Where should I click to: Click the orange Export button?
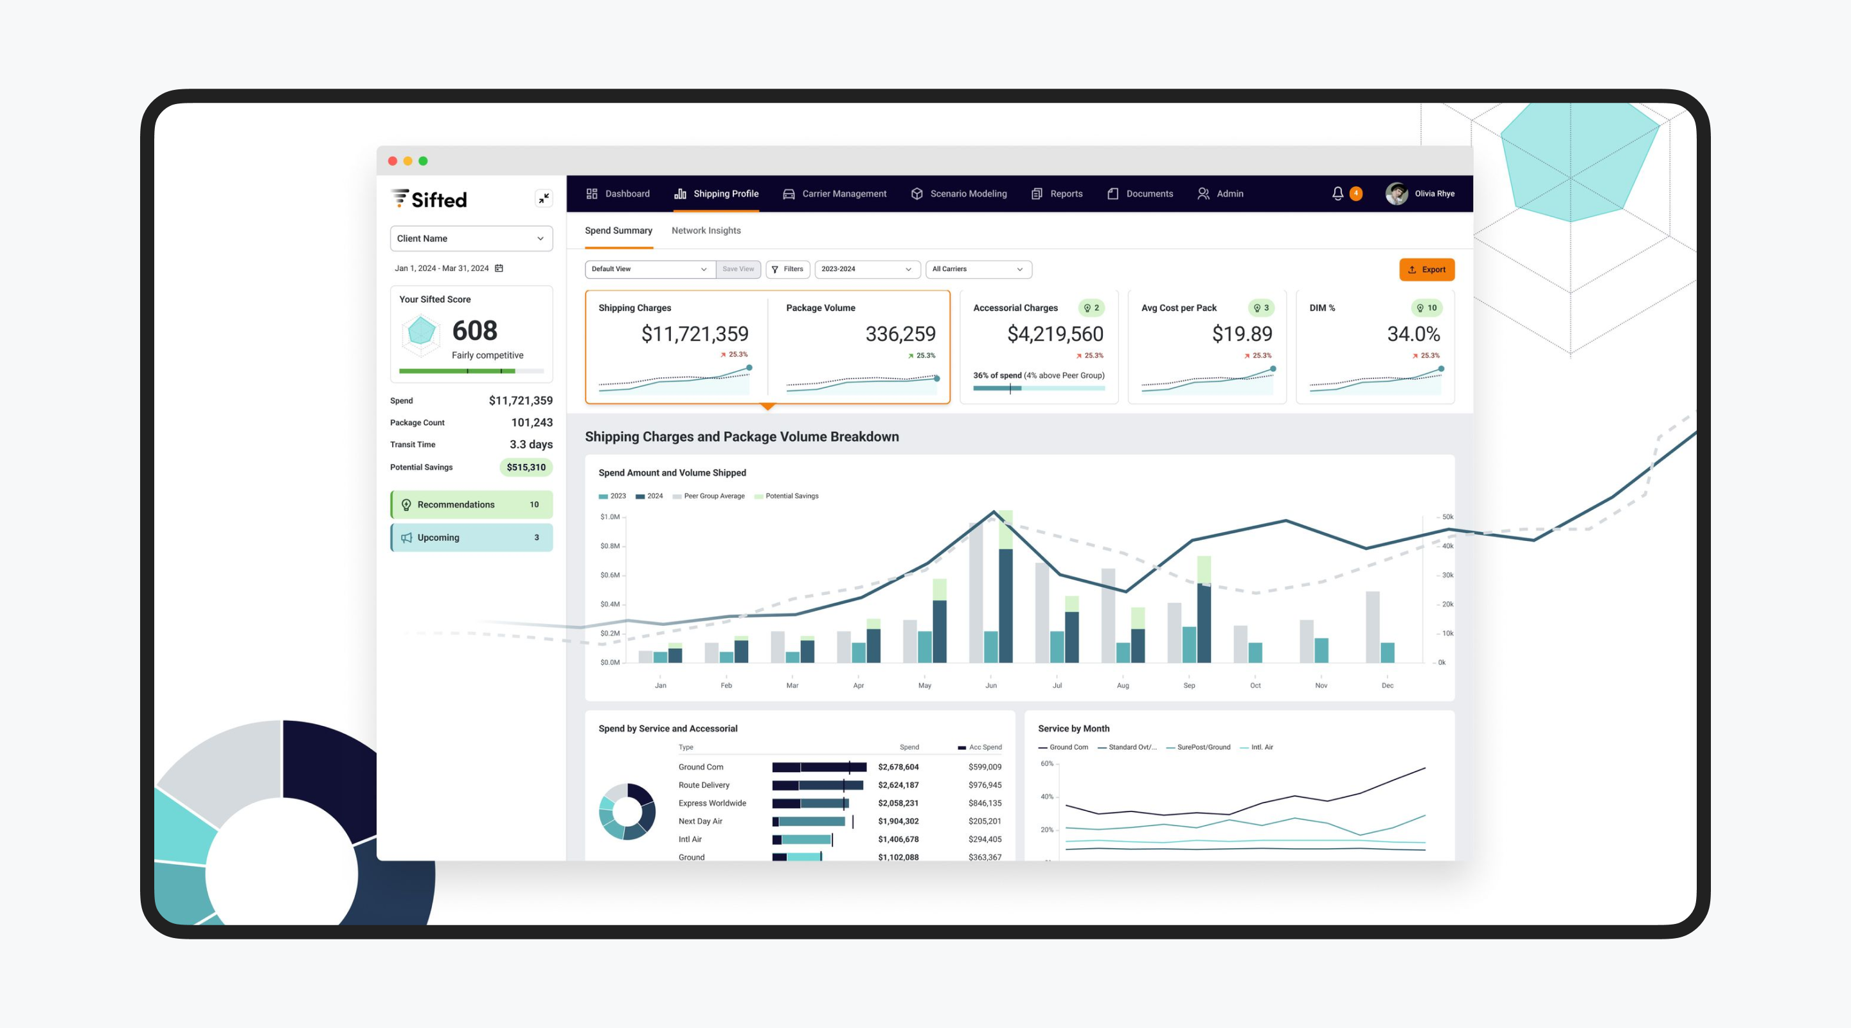[1426, 269]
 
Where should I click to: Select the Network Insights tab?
[706, 231]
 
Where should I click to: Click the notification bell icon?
[1337, 194]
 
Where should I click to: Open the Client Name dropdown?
[470, 238]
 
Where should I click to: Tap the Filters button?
[787, 269]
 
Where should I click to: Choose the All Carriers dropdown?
[978, 269]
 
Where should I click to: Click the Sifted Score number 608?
[474, 330]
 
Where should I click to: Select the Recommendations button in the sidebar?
[470, 504]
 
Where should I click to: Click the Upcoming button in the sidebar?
[470, 537]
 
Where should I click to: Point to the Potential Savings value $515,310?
[526, 467]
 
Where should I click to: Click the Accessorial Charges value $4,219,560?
[1055, 334]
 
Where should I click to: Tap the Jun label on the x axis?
[991, 686]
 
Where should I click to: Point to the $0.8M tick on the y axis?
[610, 546]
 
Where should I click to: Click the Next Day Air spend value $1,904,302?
[899, 821]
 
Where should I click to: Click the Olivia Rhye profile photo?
[1396, 194]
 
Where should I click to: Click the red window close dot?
[392, 161]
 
